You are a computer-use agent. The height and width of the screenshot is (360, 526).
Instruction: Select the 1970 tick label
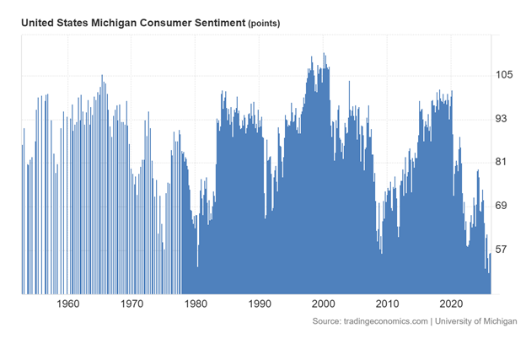(x=131, y=304)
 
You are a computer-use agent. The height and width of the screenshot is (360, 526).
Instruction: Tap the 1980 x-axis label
(x=196, y=304)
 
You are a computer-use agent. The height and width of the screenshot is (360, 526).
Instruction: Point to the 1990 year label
(x=260, y=304)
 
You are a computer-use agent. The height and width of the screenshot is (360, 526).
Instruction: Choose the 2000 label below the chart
(x=324, y=304)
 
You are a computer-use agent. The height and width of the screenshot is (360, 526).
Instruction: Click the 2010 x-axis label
(x=388, y=304)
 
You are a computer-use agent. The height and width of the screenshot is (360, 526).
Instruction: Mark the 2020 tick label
(x=451, y=304)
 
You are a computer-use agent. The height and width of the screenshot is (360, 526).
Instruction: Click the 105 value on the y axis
(x=505, y=74)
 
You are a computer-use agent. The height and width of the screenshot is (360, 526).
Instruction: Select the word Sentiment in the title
(x=212, y=23)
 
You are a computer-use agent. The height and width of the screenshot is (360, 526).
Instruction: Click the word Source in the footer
(x=325, y=322)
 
